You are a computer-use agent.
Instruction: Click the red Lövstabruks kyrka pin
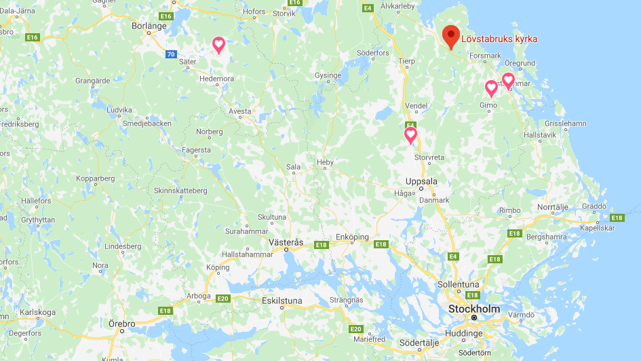450,36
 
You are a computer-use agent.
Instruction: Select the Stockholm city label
474,309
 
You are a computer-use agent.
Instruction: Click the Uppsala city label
421,182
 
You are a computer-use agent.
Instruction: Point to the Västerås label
286,242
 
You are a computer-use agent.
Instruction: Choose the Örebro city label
122,324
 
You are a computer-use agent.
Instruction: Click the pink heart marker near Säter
218,45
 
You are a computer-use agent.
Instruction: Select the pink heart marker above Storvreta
410,135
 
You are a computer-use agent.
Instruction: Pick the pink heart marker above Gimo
491,88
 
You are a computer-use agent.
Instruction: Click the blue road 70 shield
170,54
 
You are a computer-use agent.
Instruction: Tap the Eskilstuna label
284,300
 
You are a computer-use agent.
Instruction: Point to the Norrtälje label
552,206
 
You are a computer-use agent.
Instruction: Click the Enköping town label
352,237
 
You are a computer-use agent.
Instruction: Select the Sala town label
293,166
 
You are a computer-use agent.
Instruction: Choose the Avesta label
239,111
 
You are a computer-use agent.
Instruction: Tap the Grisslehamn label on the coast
565,123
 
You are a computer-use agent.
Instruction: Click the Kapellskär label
598,228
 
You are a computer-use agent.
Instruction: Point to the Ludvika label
119,109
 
